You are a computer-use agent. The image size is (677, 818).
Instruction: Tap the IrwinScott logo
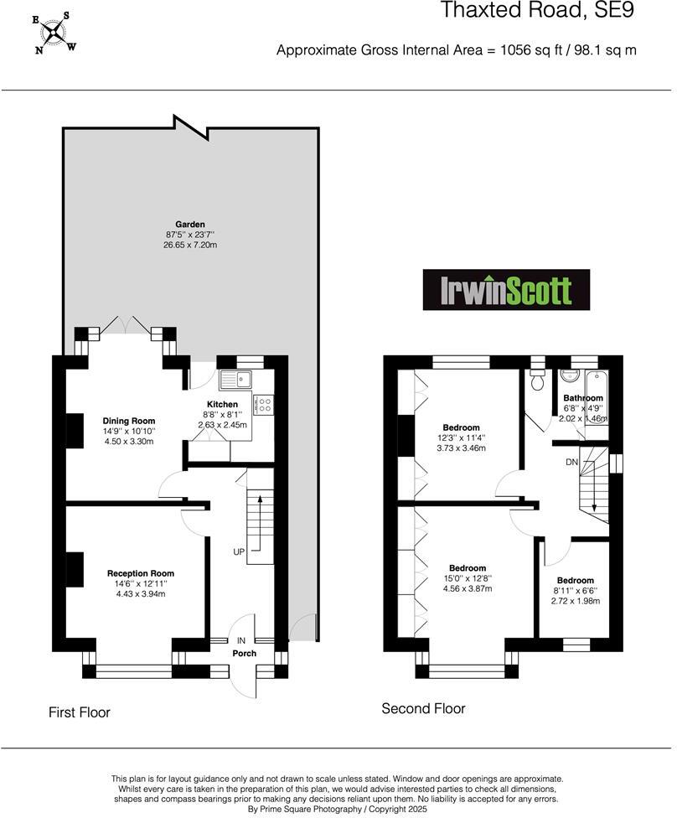[x=506, y=290]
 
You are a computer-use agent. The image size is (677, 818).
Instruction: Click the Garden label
[x=190, y=225]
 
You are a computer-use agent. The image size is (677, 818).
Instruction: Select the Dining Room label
[x=129, y=421]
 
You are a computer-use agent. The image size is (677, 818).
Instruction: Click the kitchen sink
[x=236, y=380]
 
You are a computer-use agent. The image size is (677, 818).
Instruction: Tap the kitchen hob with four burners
[x=263, y=405]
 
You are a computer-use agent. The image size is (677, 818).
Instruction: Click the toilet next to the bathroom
[x=537, y=381]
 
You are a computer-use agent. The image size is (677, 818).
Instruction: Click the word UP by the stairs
[x=240, y=552]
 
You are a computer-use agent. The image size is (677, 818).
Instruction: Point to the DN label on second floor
[x=571, y=462]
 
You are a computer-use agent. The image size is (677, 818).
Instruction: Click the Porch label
[x=245, y=654]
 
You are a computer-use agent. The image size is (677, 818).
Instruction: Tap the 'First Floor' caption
[x=79, y=712]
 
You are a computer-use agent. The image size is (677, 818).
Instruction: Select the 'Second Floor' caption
[x=423, y=708]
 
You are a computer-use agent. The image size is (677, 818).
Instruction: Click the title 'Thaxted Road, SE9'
[x=538, y=11]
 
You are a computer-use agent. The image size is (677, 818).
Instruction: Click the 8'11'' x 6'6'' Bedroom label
[x=576, y=580]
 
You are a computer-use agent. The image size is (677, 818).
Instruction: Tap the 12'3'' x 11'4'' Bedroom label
[x=463, y=427]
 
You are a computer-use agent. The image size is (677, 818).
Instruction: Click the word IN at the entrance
[x=241, y=640]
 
